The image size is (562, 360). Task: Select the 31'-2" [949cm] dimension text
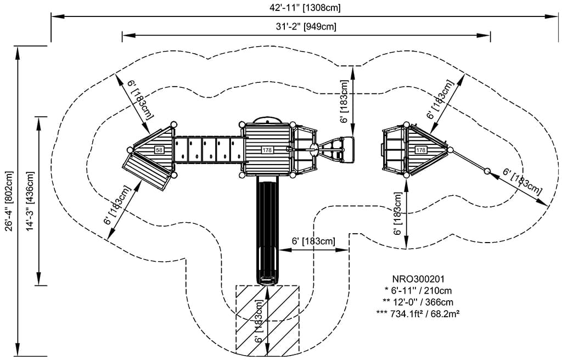(x=306, y=26)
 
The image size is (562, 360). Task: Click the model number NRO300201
(x=418, y=279)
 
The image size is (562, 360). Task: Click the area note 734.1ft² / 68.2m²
(x=418, y=313)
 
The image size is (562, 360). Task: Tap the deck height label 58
(x=159, y=150)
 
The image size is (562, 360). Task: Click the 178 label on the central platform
(x=267, y=150)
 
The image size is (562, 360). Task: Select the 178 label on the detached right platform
(x=421, y=150)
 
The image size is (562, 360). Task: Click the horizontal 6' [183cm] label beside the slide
(x=313, y=241)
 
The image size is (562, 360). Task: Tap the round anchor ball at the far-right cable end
(x=487, y=172)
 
